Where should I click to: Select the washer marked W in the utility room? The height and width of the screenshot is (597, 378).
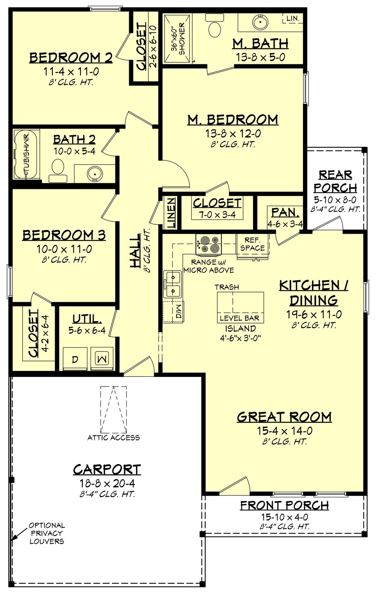102,358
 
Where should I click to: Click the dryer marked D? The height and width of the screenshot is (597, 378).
75,359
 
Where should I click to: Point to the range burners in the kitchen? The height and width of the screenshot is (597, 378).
209,244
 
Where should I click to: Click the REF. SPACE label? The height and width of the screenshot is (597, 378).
252,244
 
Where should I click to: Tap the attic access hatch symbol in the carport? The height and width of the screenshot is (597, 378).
114,409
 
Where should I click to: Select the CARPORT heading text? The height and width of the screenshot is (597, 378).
107,470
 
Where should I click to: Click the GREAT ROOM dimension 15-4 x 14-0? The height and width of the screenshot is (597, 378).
285,430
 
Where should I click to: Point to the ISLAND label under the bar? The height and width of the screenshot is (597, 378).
240,328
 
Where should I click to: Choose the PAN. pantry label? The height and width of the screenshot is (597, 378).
285,213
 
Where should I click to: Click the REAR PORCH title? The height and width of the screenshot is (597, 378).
335,181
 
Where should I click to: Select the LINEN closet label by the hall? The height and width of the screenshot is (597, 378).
172,213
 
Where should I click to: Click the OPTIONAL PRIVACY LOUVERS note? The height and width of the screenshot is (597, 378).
47,533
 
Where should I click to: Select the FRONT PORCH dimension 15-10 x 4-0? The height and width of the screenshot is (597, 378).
285,517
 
